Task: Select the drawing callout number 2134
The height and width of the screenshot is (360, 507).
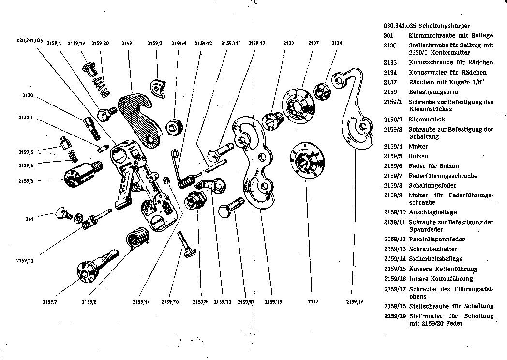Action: (337, 43)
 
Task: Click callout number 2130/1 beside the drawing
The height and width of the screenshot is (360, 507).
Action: (25, 118)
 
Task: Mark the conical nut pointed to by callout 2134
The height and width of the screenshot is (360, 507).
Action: (321, 90)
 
